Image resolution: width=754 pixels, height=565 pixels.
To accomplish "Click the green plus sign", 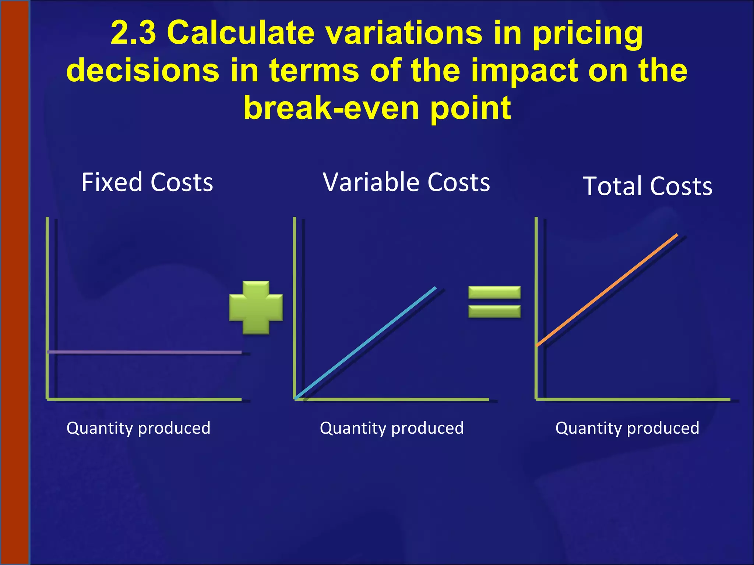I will click(256, 308).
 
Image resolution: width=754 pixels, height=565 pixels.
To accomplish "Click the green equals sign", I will click(494, 302).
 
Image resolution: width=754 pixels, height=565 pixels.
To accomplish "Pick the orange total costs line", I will click(607, 290).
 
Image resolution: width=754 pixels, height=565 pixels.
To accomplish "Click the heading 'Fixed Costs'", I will click(147, 182).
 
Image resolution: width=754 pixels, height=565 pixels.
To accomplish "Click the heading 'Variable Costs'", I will click(406, 182).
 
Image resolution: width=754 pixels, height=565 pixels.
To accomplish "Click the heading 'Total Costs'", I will click(648, 186).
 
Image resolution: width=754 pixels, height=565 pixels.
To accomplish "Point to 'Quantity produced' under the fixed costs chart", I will click(138, 428).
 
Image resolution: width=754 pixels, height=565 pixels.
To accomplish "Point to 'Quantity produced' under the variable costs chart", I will click(392, 428).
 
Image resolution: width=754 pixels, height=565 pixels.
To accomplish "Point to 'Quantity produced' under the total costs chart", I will click(627, 428).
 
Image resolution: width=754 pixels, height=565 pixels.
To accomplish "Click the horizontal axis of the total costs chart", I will click(633, 399).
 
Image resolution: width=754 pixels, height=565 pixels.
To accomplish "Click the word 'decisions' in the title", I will click(143, 71).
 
